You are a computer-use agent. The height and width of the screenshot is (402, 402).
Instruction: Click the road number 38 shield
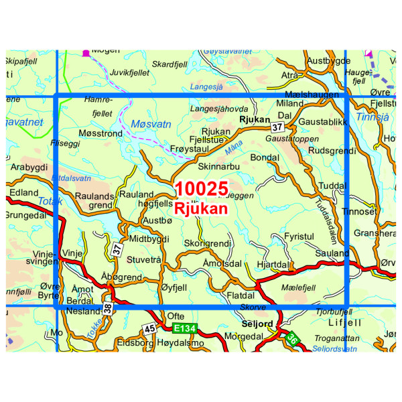click(x=107, y=308)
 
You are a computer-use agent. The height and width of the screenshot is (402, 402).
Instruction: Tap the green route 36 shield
click(x=291, y=340)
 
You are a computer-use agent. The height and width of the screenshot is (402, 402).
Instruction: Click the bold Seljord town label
click(x=257, y=324)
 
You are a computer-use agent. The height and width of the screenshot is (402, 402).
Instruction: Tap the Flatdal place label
click(x=241, y=294)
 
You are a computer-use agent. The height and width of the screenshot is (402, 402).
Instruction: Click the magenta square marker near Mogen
click(x=86, y=52)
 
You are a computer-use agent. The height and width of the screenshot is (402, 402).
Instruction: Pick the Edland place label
click(x=24, y=192)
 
